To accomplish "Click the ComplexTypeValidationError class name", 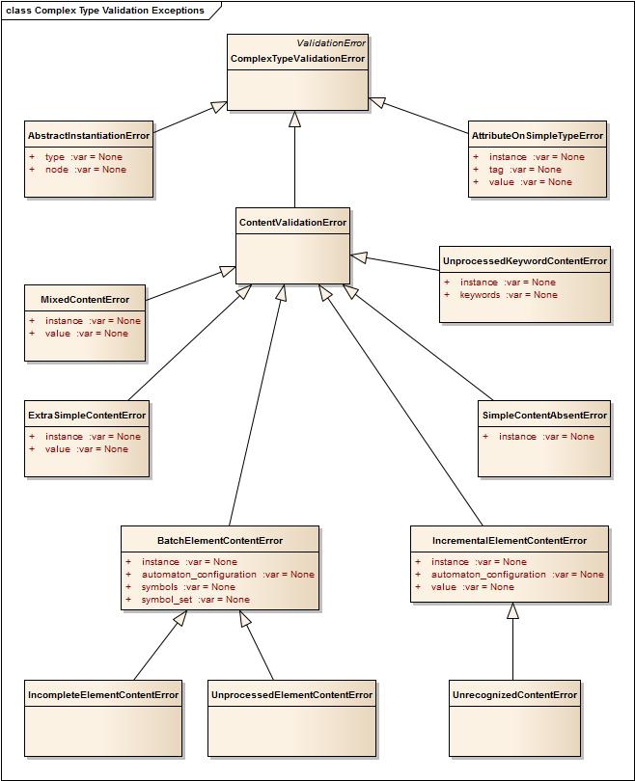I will [297, 59].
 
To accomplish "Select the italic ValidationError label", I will [331, 43].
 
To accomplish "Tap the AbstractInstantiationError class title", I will [89, 136].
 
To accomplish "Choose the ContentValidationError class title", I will [292, 223].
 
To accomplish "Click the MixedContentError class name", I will [85, 300].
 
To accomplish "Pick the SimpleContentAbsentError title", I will [544, 416].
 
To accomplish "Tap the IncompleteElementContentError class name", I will [103, 695].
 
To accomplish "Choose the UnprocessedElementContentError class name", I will [291, 695].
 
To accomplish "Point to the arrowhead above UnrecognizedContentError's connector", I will [513, 610].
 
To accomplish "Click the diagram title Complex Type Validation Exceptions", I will [106, 11].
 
